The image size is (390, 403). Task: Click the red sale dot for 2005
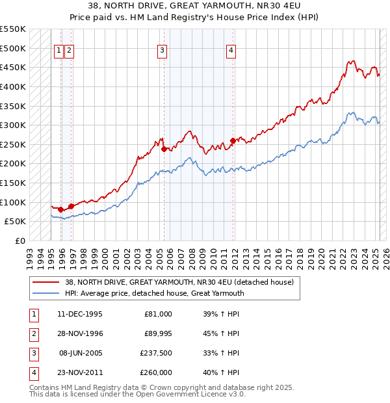(164, 149)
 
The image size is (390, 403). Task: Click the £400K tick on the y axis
(14, 86)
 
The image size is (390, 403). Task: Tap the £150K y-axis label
(14, 183)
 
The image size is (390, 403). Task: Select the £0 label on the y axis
(19, 240)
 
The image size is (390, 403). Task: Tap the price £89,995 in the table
(158, 333)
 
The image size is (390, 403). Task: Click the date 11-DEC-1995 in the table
(80, 314)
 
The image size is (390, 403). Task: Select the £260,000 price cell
(157, 372)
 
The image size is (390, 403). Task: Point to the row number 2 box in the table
(32, 333)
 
